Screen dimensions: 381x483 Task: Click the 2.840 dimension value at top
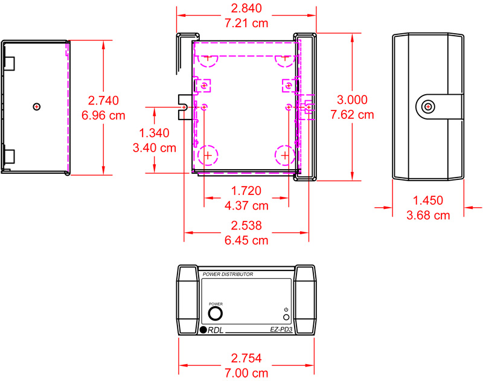coord(246,9)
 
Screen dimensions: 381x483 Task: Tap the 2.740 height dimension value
coord(103,100)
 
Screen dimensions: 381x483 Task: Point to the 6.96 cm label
coord(103,115)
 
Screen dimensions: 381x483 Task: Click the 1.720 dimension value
coord(246,191)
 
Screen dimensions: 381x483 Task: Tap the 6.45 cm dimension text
coord(246,240)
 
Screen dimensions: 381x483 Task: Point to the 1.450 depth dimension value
coord(428,200)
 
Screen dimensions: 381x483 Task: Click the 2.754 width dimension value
coord(246,358)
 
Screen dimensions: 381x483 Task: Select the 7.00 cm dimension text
coord(246,373)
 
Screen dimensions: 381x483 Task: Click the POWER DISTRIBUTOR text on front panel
coord(228,274)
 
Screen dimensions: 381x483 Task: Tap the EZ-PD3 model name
coord(281,330)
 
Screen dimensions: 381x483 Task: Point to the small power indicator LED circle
coord(286,317)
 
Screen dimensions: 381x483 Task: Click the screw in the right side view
coord(428,107)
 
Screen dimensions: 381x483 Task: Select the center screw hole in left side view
coord(37,107)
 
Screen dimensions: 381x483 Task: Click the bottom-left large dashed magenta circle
coord(208,155)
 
